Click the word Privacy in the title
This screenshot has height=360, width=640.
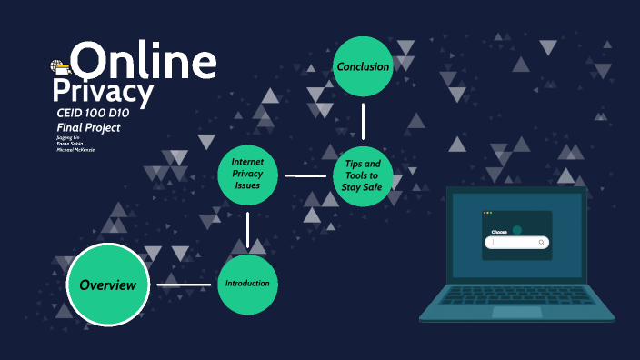click(103, 93)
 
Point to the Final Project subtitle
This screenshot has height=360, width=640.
click(88, 127)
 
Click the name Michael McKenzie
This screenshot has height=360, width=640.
click(75, 149)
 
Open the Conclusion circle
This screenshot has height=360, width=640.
click(363, 66)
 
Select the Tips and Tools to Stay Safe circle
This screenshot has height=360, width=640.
click(363, 175)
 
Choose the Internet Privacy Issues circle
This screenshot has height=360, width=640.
click(247, 173)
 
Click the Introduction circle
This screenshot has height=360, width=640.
click(247, 284)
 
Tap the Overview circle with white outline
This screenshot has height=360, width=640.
click(107, 285)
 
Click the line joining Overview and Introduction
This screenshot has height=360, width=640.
click(184, 285)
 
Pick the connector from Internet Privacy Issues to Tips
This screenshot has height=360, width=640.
click(305, 175)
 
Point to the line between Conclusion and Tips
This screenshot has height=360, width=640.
click(363, 121)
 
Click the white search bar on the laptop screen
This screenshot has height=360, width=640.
click(517, 243)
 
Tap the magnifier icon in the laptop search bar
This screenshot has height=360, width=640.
click(541, 243)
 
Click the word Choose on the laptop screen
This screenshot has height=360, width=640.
click(499, 232)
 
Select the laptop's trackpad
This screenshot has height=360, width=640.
click(516, 312)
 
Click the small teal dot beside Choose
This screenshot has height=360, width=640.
click(516, 230)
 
